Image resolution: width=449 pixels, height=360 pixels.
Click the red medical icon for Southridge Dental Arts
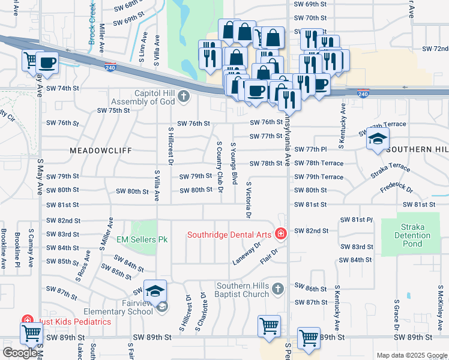[280, 234]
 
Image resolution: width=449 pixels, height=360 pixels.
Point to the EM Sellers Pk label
[142, 240]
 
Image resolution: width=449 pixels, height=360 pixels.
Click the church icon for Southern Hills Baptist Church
[277, 289]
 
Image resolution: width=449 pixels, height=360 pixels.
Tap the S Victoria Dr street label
[248, 199]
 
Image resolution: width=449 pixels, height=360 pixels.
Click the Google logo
[20, 353]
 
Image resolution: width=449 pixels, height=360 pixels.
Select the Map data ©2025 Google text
[411, 355]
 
